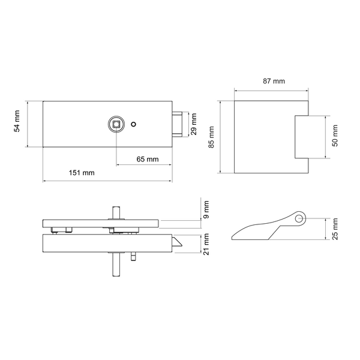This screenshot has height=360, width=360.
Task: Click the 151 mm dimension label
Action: [x=82, y=173]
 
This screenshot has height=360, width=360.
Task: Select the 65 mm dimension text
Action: [x=148, y=159]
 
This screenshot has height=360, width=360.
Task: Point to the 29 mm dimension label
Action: [x=194, y=124]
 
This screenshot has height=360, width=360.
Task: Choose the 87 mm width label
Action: [x=274, y=81]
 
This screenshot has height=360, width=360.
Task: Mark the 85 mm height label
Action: [x=211, y=137]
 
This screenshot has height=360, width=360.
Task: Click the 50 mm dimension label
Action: [x=335, y=136]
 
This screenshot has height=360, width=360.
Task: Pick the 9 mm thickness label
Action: [x=206, y=209]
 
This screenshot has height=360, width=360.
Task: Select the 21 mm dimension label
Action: [x=206, y=244]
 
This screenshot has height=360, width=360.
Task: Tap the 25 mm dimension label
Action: [x=335, y=229]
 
